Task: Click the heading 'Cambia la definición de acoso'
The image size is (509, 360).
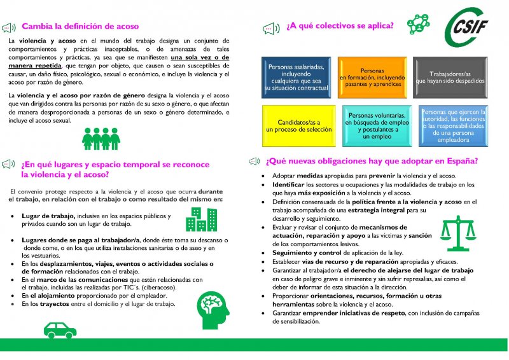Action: coord(80,27)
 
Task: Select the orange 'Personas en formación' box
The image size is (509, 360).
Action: coord(372,77)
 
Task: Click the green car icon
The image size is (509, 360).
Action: coord(60,329)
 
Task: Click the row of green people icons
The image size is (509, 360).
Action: coord(101,138)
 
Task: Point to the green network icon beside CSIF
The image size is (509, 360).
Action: coord(417,24)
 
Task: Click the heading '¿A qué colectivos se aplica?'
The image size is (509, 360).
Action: coord(339,26)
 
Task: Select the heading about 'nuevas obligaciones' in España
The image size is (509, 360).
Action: coord(372,161)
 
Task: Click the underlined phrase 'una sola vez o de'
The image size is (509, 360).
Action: coord(195,57)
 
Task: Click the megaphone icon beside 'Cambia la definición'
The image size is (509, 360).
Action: coord(10,27)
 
